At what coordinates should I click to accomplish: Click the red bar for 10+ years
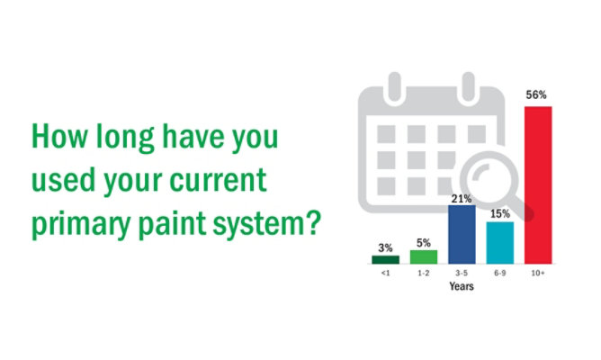538,185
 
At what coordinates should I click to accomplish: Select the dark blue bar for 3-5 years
462,234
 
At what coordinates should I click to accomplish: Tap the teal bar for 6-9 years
500,243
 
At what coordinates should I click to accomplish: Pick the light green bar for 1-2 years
424,256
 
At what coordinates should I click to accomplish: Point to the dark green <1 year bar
386,259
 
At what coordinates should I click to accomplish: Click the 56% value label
536,94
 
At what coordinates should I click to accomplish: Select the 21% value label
462,199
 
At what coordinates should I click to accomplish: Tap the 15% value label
500,214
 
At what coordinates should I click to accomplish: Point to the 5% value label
424,243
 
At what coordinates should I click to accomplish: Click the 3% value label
386,248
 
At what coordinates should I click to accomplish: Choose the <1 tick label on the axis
386,273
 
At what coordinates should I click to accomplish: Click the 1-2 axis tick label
424,273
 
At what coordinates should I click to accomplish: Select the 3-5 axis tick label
462,273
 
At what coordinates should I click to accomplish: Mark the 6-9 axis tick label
500,273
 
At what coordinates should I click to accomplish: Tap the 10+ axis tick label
538,273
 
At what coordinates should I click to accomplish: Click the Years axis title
462,286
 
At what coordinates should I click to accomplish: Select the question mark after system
314,222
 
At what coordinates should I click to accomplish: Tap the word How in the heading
59,136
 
